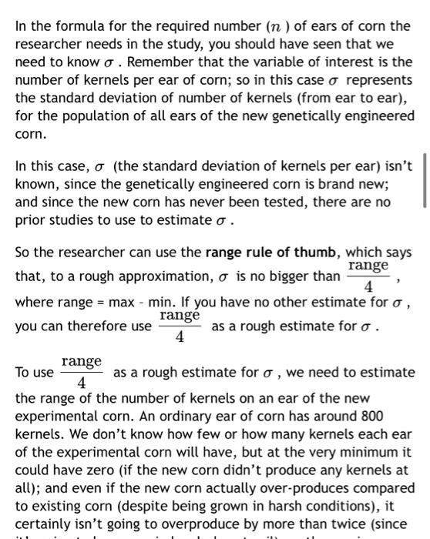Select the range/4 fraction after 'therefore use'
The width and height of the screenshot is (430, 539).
(180, 326)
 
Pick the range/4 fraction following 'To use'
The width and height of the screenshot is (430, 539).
(82, 372)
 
